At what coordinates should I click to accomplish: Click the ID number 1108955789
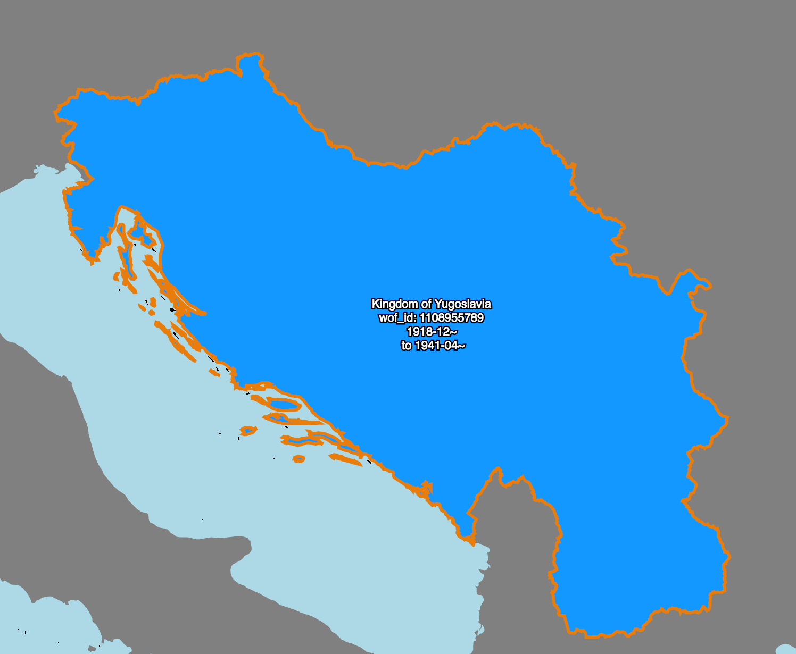(452, 318)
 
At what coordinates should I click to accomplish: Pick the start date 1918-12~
(432, 332)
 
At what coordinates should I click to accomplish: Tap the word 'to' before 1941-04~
(407, 346)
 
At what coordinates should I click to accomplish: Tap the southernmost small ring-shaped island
(298, 459)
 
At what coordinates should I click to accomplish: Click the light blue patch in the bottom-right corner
(787, 649)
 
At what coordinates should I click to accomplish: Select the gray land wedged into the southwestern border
(511, 532)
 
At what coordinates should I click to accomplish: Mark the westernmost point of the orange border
(55, 113)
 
